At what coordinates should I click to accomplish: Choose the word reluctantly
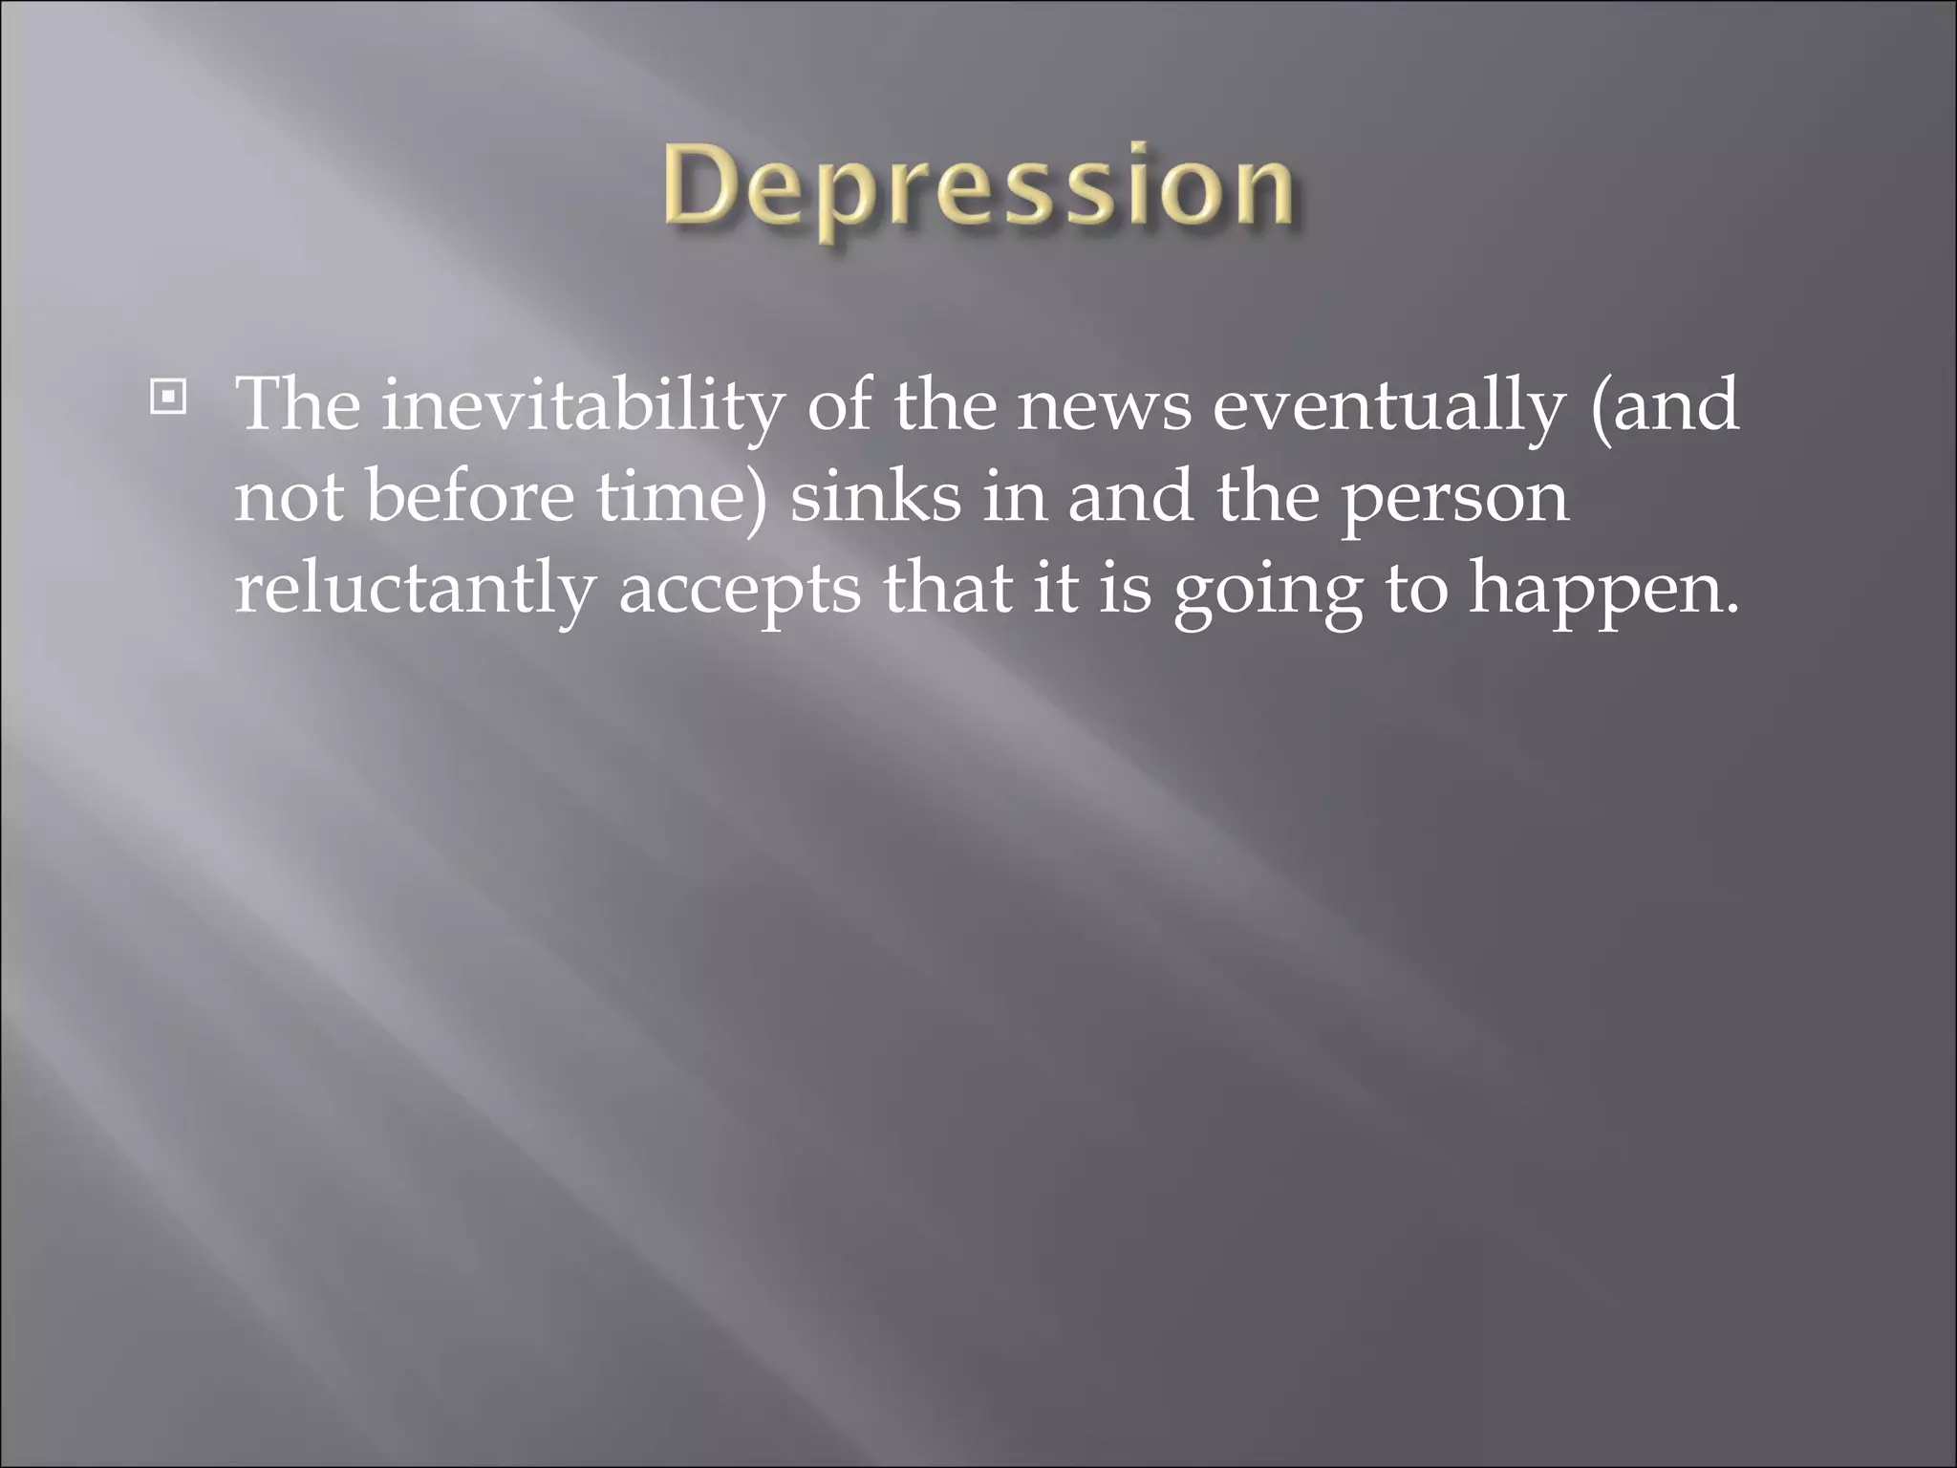[415, 590]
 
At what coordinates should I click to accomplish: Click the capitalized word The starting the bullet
[298, 405]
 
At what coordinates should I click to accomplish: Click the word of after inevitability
[838, 405]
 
